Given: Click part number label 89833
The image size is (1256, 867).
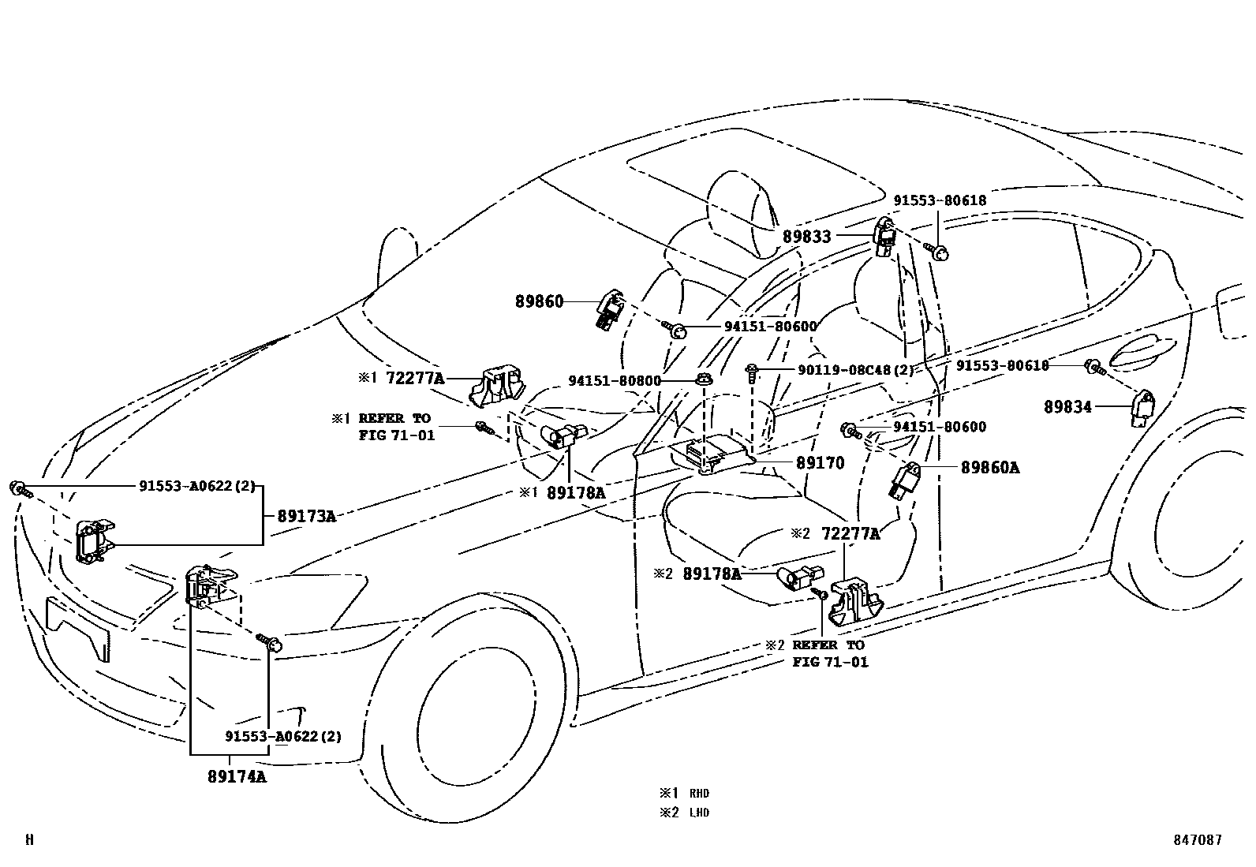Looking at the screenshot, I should pos(806,236).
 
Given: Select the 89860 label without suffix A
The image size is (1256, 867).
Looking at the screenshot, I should pos(540,301).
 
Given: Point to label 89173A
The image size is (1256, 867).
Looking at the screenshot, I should pos(306,517).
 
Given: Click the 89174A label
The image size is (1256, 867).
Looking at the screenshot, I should pos(237,776).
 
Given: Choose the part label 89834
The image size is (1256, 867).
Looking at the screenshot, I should pos(1067,407).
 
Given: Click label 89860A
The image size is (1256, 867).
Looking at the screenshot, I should pos(989,468).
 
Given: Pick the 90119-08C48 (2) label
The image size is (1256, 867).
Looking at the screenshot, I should pos(845,369).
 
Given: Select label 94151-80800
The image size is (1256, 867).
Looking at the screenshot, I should pos(615,381).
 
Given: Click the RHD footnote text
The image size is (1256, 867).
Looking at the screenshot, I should pos(699,794).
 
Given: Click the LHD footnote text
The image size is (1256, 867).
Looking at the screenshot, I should pos(699,813).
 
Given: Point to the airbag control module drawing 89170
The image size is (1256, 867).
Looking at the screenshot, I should pos(710,457).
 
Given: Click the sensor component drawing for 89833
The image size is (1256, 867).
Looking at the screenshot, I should pos(885,237).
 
